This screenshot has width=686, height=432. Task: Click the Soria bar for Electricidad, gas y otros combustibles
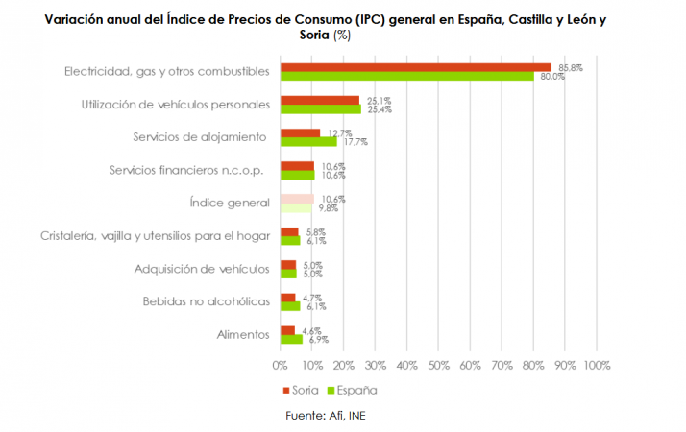(x=415, y=67)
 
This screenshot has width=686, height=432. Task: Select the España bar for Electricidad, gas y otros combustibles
(x=406, y=76)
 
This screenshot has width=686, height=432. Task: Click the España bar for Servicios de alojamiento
(x=307, y=141)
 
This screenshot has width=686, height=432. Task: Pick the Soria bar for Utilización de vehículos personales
(x=319, y=100)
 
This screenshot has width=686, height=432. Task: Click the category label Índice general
(x=231, y=203)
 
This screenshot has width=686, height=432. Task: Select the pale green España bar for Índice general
(x=295, y=207)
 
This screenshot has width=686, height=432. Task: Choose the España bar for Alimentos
(x=290, y=339)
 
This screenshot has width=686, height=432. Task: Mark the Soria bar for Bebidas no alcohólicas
(x=287, y=298)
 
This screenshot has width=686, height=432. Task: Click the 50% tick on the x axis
(x=438, y=365)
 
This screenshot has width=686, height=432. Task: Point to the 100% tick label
(x=596, y=365)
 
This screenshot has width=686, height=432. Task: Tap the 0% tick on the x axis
(x=280, y=365)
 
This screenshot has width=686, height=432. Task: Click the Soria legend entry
(x=300, y=390)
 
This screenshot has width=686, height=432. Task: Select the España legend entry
(x=354, y=390)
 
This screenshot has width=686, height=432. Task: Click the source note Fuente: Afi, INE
(x=326, y=415)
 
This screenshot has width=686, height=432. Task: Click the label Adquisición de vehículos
(x=202, y=269)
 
